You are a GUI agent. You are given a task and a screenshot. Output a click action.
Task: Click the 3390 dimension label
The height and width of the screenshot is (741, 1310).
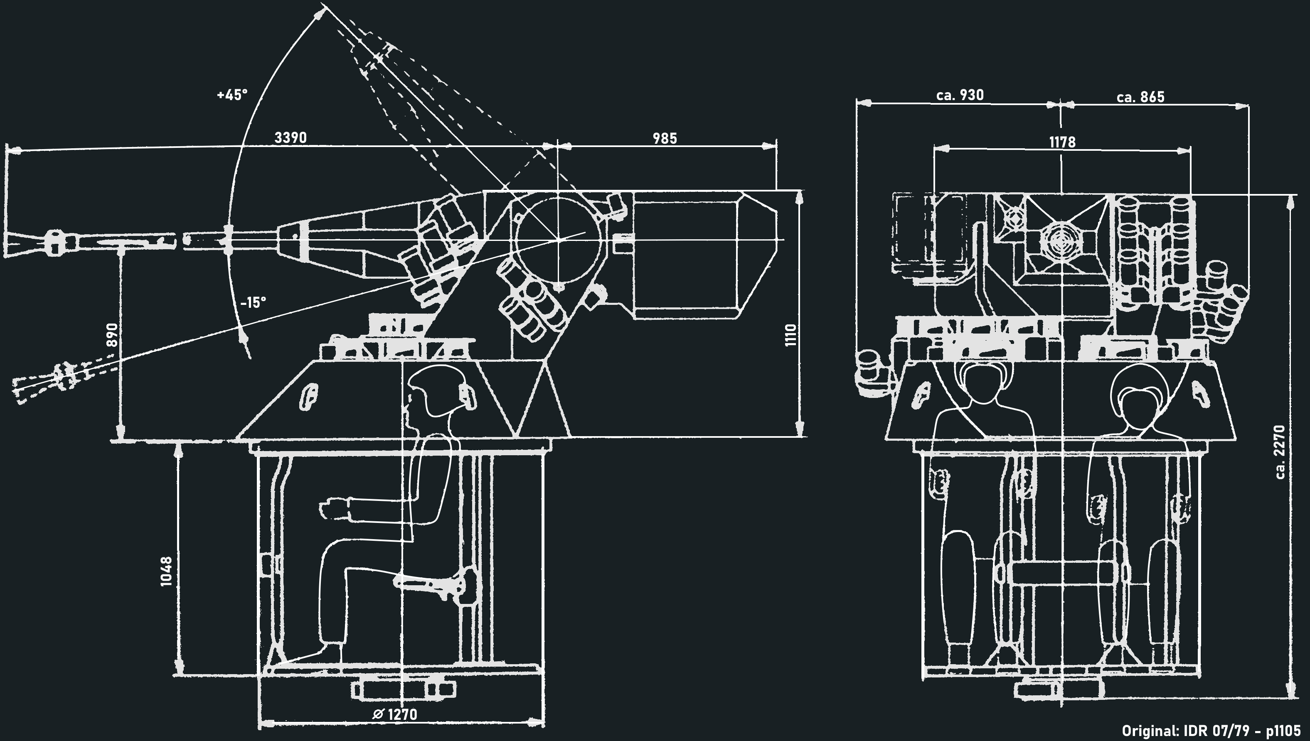tap(291, 138)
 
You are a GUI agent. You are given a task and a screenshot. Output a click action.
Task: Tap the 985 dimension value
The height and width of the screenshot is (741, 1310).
tap(665, 138)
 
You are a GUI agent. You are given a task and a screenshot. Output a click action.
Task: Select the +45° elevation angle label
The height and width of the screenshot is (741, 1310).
tap(232, 95)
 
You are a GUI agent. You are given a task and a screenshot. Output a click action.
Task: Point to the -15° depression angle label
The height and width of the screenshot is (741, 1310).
tap(253, 303)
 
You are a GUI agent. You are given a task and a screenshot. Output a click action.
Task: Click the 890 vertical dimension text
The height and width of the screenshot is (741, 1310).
tap(113, 335)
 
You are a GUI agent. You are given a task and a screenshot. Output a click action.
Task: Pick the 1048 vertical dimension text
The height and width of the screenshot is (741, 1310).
tap(167, 572)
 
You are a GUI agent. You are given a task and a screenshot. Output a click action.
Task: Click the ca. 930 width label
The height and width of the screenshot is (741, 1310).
tap(960, 95)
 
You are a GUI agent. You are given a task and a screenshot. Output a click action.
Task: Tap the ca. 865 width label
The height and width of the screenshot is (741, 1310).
tap(1140, 97)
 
